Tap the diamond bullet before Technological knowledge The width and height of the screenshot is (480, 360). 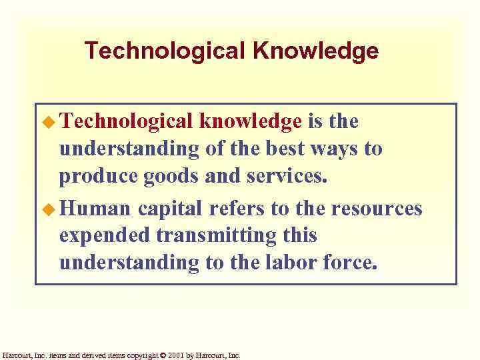click(x=49, y=122)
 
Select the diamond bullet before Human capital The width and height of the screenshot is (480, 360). click(x=49, y=209)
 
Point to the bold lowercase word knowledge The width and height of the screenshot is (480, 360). click(x=251, y=121)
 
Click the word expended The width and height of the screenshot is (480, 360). click(x=104, y=236)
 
